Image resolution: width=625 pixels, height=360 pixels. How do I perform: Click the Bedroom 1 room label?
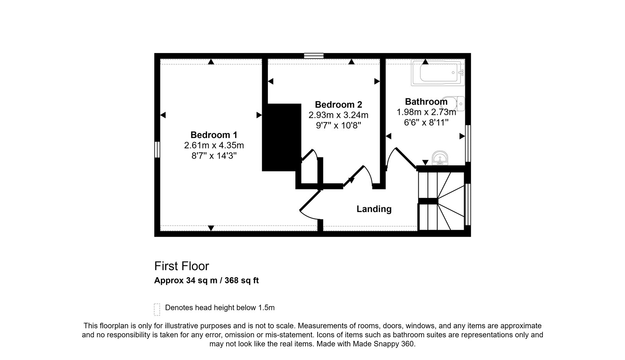click(214, 135)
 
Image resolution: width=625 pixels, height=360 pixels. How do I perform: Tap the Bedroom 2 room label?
click(338, 105)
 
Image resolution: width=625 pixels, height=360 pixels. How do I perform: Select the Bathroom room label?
click(426, 102)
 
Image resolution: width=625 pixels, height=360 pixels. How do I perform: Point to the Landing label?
click(374, 209)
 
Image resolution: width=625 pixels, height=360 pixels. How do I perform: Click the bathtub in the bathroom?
click(437, 73)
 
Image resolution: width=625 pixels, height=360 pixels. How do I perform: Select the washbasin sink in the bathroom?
click(440, 158)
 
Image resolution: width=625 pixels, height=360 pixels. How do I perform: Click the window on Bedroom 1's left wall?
click(157, 150)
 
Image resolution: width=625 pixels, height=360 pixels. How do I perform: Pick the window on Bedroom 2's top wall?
click(314, 56)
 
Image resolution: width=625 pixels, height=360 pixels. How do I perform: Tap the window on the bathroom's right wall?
click(468, 143)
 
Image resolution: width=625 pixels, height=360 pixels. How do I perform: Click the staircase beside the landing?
click(441, 201)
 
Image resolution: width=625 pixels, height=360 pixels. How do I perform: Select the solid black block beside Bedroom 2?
click(282, 137)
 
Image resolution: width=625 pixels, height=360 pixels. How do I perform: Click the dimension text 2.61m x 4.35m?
click(214, 145)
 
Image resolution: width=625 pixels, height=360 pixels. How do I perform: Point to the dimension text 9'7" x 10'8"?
click(338, 125)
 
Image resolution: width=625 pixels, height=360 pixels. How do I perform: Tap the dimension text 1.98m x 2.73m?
click(426, 112)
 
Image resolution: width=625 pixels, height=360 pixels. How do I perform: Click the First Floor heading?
click(182, 266)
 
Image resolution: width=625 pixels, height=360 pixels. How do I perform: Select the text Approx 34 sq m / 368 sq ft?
click(207, 280)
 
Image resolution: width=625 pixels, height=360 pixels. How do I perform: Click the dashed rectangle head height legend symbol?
click(157, 310)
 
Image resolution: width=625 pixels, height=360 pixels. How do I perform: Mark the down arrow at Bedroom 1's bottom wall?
click(211, 228)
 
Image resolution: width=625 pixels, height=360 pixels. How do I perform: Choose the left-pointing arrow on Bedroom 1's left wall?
click(163, 115)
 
